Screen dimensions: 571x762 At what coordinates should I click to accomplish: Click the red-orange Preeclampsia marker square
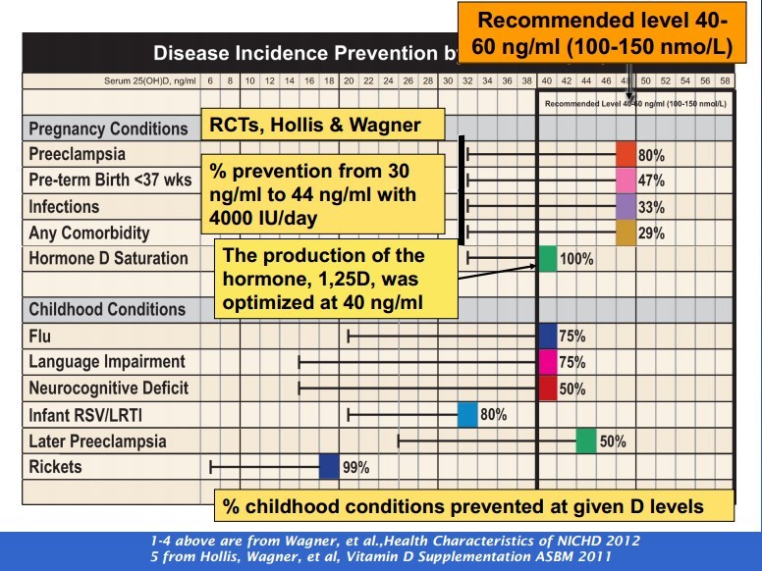[626, 154]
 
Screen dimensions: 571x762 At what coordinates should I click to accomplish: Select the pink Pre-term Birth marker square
[626, 181]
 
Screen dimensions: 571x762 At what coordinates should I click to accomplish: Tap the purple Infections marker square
[626, 206]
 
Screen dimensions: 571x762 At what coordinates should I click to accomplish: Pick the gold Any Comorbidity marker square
[626, 233]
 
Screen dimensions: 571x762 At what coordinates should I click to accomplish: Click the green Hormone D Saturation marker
[547, 259]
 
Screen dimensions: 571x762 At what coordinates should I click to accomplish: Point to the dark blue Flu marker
[547, 336]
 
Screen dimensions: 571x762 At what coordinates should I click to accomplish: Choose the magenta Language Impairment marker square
[547, 362]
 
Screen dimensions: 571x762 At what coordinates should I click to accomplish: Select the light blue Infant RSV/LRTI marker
[467, 415]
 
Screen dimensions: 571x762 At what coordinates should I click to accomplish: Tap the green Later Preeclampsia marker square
[586, 441]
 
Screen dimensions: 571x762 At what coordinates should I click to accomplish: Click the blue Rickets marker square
[329, 467]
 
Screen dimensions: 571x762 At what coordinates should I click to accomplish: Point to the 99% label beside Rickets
[355, 468]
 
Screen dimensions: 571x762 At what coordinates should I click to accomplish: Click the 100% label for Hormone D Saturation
[574, 259]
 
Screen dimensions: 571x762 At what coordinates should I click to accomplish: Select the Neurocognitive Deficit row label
[109, 389]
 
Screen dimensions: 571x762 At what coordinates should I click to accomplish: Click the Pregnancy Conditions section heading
[108, 129]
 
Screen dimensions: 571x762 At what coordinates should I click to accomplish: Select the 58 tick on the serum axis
[725, 79]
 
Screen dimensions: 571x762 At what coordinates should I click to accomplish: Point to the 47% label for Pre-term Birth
[652, 181]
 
